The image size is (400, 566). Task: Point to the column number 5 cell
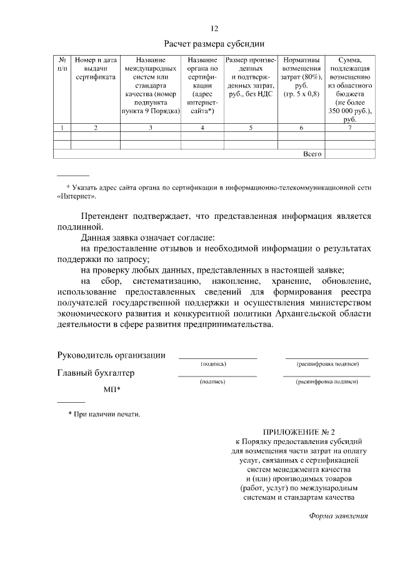click(250, 128)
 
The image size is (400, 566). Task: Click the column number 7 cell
click(349, 128)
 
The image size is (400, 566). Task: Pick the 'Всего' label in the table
click(312, 153)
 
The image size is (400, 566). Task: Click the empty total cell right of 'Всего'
click(349, 153)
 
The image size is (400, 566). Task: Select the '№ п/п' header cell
click(62, 64)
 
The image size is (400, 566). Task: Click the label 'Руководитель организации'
click(111, 355)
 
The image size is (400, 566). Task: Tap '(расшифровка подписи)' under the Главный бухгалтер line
click(327, 381)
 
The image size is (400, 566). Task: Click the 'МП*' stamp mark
click(112, 390)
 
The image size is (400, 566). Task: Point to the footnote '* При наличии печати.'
click(104, 415)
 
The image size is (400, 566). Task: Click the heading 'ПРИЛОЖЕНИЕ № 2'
click(299, 432)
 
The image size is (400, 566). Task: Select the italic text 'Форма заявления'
click(339, 516)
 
